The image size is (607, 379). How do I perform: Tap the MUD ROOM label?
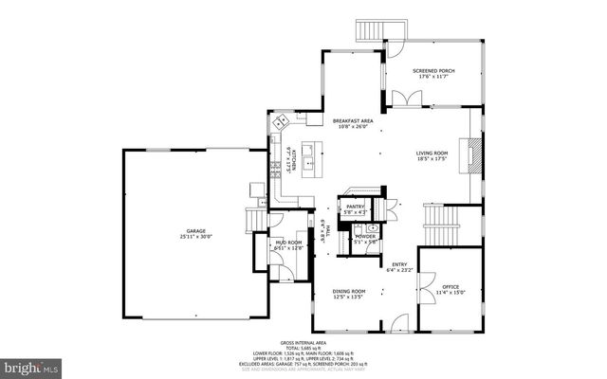click(x=287, y=243)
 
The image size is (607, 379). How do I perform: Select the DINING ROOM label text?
click(x=348, y=291)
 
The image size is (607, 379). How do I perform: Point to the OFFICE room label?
click(x=450, y=287)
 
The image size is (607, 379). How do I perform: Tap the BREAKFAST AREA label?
click(x=352, y=120)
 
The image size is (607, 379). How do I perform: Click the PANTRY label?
click(x=356, y=207)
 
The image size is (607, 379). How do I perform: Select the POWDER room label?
click(x=365, y=237)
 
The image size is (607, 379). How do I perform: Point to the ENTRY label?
click(x=400, y=265)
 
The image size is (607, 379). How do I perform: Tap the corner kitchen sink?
click(x=282, y=122)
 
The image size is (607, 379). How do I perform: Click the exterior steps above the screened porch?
click(x=369, y=30)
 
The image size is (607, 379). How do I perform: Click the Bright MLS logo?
click(x=30, y=365)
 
